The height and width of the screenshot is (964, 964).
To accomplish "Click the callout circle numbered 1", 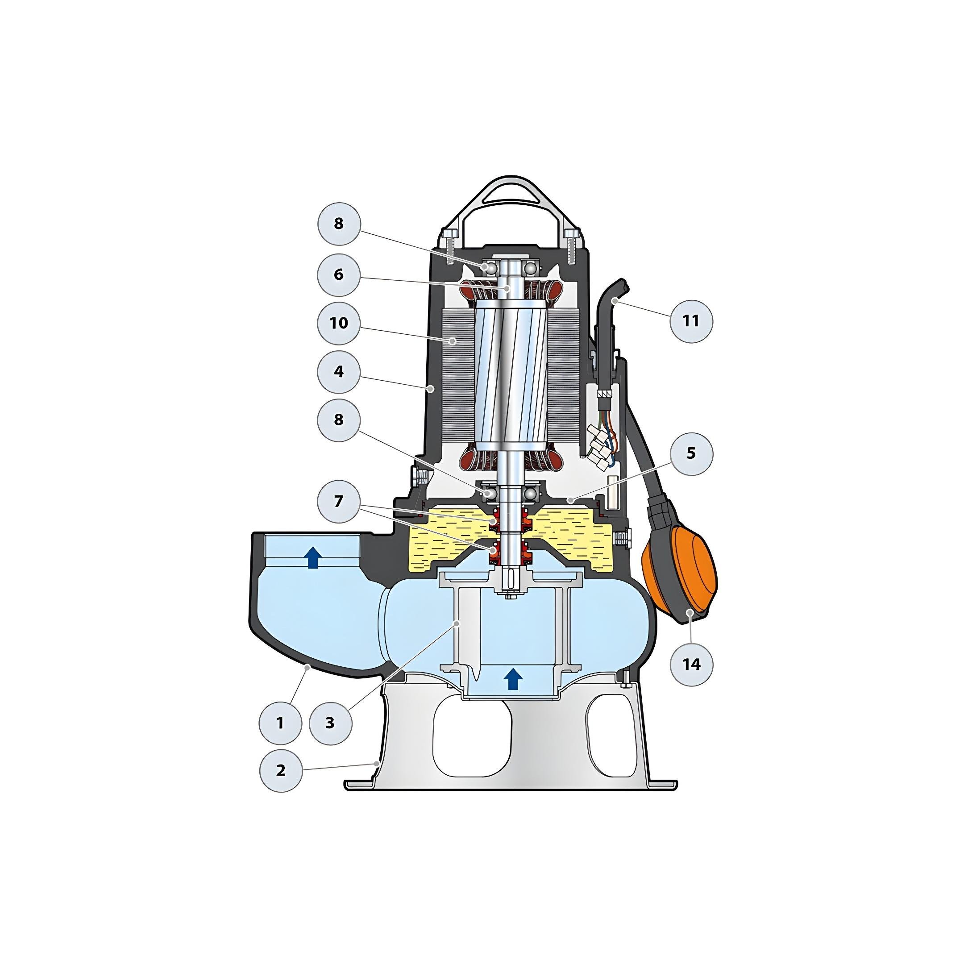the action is click(280, 723).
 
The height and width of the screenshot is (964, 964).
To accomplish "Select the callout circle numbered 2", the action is click(281, 770).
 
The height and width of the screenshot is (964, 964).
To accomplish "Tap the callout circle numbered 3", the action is click(330, 723).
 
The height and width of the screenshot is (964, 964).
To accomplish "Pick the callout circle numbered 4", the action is click(339, 372).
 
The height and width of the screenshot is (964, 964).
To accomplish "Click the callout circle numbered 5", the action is click(691, 453).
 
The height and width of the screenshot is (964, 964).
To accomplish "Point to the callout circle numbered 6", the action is click(339, 274).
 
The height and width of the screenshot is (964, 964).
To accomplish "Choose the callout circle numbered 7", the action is click(339, 501).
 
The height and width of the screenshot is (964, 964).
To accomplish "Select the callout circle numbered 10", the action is click(339, 323).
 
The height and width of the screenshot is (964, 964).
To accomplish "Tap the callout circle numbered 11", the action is click(691, 320).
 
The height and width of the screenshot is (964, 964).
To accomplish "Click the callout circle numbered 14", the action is click(691, 664).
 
